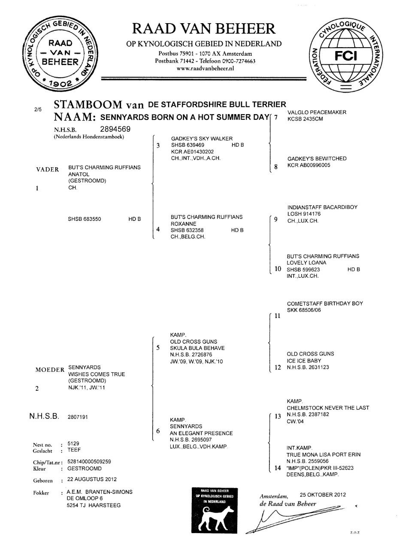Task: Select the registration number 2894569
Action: [x=115, y=129]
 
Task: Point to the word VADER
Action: [x=48, y=169]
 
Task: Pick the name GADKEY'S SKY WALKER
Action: [x=202, y=139]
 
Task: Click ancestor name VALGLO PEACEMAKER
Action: [x=317, y=112]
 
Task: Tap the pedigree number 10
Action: [x=278, y=269]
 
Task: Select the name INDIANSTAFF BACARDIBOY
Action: [x=322, y=207]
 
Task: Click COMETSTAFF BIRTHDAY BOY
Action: [x=325, y=304]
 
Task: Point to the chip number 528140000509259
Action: [x=89, y=462]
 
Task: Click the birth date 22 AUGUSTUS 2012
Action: [x=92, y=479]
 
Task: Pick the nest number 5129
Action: [x=73, y=443]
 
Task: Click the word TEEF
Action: [x=74, y=450]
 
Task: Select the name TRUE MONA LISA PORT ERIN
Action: [x=323, y=455]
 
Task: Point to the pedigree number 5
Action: [x=158, y=348]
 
